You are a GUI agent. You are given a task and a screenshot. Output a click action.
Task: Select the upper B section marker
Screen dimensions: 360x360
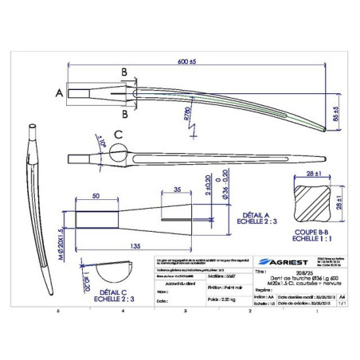coord(124,72)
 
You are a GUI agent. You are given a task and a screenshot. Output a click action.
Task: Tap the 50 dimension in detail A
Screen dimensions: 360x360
coord(96,195)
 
